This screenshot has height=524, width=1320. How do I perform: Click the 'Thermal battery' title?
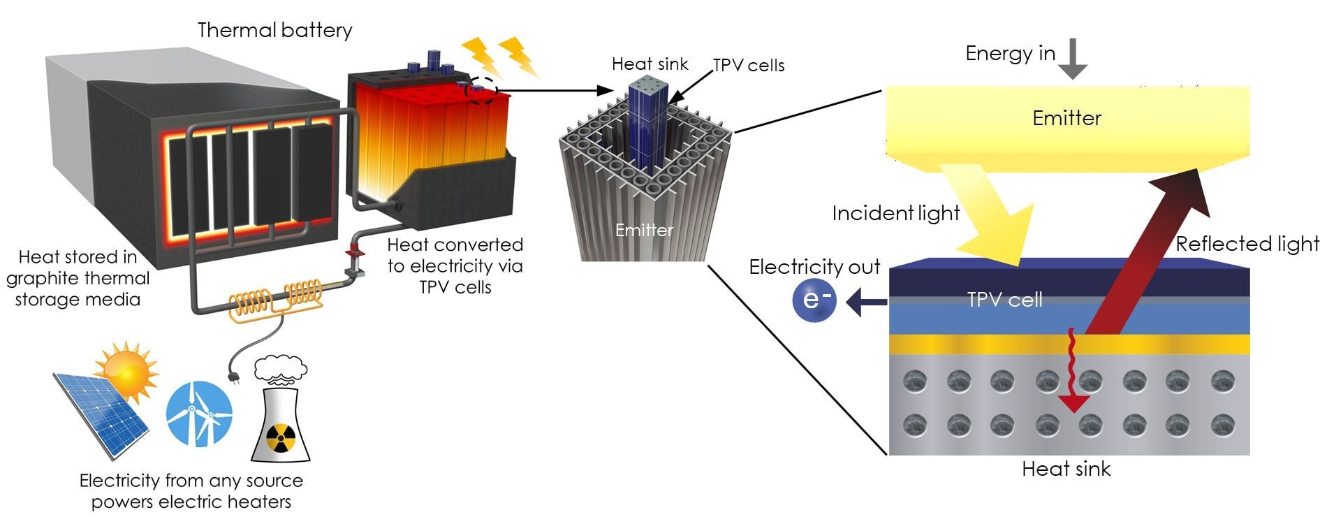(274, 30)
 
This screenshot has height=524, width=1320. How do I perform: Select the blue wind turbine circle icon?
(199, 414)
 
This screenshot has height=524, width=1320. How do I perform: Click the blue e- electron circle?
(814, 301)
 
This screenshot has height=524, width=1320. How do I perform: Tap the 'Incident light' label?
(895, 213)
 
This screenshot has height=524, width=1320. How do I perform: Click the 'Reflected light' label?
(1247, 244)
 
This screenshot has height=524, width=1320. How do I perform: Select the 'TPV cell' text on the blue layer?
(1004, 300)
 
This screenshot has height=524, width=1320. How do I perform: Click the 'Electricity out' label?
(814, 267)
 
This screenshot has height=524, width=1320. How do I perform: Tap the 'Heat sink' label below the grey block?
(1066, 469)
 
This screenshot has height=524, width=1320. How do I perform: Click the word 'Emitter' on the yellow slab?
(1066, 118)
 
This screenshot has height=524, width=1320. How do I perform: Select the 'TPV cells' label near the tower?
(749, 66)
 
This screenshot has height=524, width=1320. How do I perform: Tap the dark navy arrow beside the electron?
(865, 303)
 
